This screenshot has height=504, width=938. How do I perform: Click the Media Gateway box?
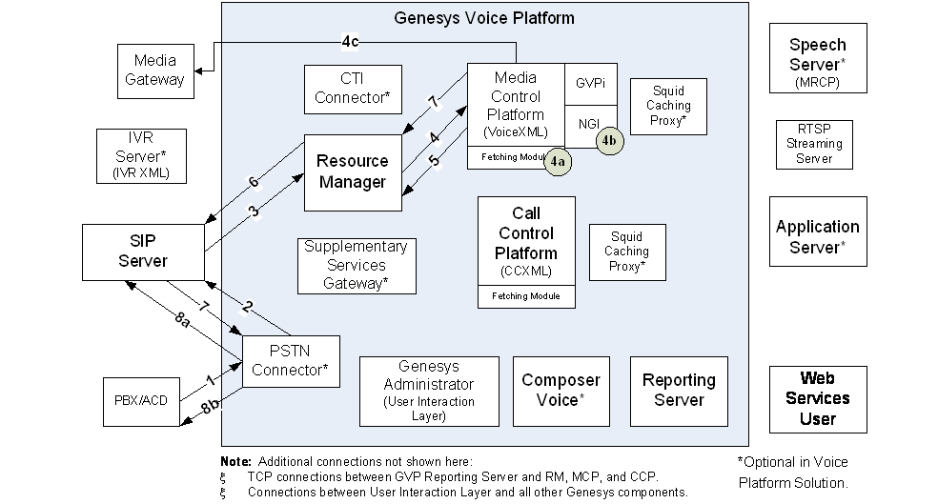click(x=154, y=71)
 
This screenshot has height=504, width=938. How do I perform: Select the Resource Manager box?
click(x=352, y=172)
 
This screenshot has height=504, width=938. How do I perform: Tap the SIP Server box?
click(x=143, y=252)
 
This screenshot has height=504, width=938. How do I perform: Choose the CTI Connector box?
click(x=352, y=88)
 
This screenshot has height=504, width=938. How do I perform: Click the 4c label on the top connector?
click(x=352, y=41)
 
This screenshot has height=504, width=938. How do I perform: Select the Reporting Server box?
click(x=679, y=390)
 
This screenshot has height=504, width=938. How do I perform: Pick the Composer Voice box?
click(x=561, y=390)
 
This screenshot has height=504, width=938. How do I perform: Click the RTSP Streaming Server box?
click(x=813, y=144)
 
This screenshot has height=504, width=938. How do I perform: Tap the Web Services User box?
click(x=818, y=399)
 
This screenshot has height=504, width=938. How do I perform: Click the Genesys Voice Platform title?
click(x=484, y=18)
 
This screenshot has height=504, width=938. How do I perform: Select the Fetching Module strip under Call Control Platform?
click(x=526, y=297)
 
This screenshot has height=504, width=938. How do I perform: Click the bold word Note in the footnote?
click(x=236, y=461)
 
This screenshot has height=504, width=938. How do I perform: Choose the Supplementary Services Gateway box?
click(x=356, y=265)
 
